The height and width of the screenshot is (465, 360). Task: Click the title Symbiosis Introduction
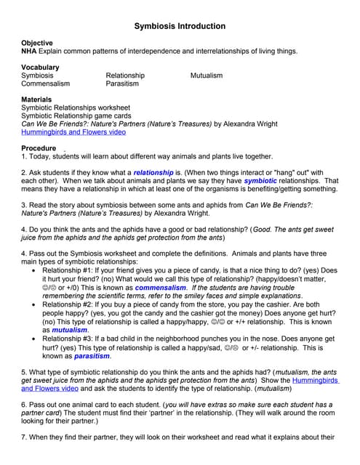tap(180, 26)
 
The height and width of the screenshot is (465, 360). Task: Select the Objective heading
tap(37, 44)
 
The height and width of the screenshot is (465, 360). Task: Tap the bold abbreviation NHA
tap(29, 52)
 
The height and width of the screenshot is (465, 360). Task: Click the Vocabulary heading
tap(40, 68)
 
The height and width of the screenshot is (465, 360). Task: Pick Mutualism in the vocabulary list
tap(207, 76)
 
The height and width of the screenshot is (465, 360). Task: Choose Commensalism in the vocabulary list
tap(46, 84)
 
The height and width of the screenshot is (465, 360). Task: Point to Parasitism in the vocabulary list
tap(122, 84)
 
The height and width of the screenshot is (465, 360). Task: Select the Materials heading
tap(36, 100)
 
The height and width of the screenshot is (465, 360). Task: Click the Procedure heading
tap(39, 148)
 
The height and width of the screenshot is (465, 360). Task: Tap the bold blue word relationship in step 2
tap(153, 172)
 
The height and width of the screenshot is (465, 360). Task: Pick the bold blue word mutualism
tap(70, 329)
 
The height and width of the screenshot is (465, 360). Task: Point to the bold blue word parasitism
tap(92, 356)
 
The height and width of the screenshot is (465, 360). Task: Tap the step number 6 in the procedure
tap(23, 404)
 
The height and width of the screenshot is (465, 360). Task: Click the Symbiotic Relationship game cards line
tap(76, 116)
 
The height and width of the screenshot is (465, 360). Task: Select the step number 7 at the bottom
tap(23, 437)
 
